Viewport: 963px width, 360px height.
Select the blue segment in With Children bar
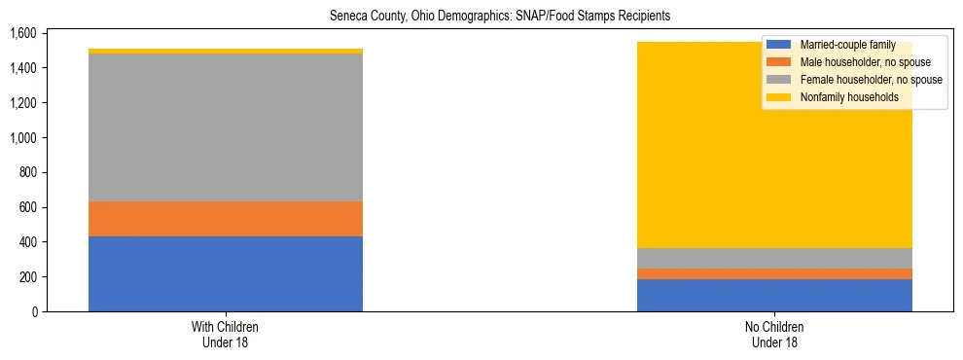(x=226, y=273)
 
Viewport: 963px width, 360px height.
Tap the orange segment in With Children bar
(x=226, y=219)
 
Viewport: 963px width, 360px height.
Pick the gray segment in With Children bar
(x=226, y=127)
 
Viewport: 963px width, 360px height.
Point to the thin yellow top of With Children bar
(x=226, y=52)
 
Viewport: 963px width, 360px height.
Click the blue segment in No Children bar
(x=774, y=295)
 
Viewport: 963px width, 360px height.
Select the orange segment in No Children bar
(x=774, y=274)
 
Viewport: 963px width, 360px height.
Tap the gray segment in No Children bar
(x=774, y=258)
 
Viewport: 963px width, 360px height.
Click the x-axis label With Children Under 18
(x=226, y=335)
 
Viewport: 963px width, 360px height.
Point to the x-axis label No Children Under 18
(x=774, y=335)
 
